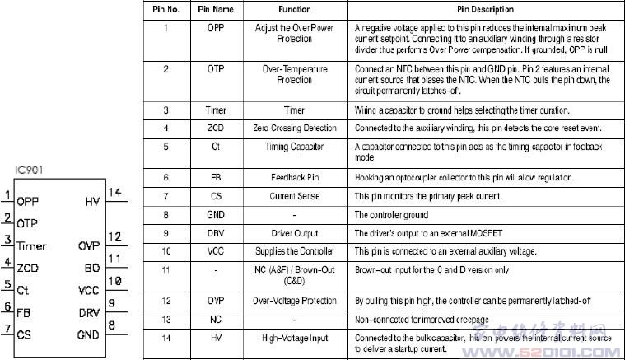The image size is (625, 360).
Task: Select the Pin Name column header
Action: point(216,9)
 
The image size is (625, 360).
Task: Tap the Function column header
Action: point(294,9)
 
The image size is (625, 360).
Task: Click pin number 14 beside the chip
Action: point(114,193)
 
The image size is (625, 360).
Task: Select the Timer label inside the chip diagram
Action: point(31,245)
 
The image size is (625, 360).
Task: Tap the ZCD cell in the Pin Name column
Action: point(216,129)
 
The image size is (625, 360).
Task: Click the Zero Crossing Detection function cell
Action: point(294,129)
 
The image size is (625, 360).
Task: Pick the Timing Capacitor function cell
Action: point(294,147)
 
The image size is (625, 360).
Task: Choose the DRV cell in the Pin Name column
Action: point(216,233)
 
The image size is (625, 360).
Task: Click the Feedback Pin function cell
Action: point(294,176)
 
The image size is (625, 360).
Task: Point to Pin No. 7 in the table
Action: point(166,196)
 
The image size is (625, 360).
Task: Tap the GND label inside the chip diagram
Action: point(87,334)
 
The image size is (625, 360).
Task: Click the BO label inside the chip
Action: point(91,269)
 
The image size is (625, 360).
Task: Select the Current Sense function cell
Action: point(294,196)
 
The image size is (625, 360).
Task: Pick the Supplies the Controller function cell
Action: point(294,250)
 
